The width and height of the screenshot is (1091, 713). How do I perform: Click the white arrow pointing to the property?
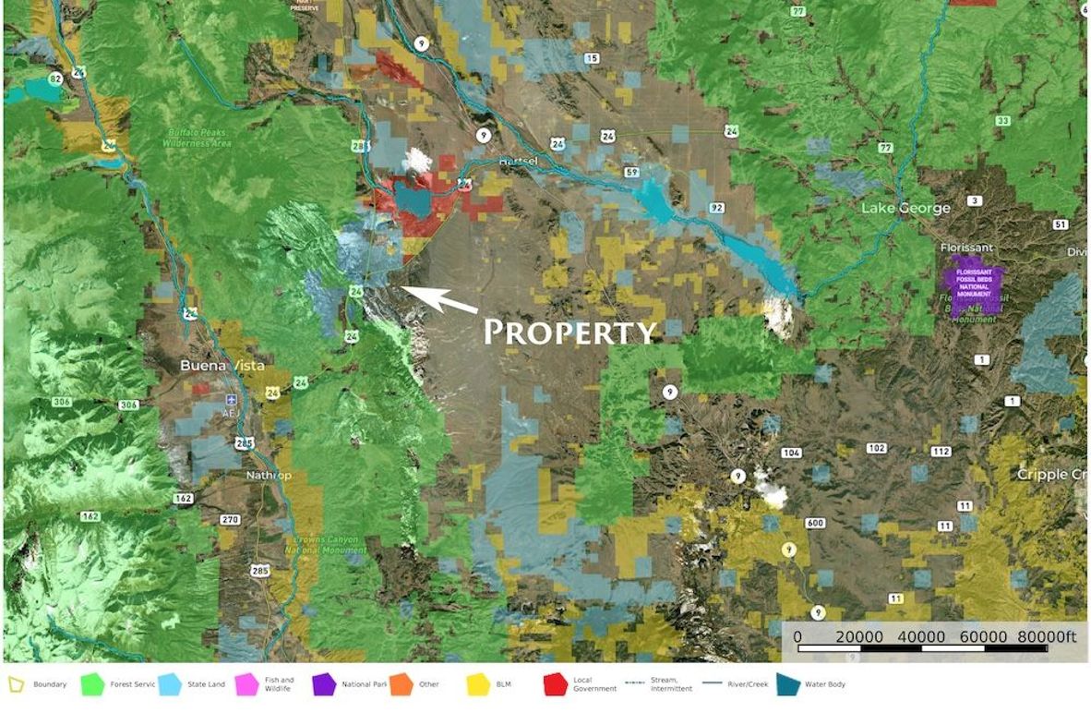(x=440, y=299)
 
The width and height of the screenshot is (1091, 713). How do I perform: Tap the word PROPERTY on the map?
(x=570, y=332)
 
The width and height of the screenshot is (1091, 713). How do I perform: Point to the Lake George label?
(x=905, y=208)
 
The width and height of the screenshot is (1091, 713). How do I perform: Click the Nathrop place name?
(x=269, y=476)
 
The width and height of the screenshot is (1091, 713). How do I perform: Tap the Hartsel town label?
(x=517, y=161)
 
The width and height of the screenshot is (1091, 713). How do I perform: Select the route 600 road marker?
(x=814, y=523)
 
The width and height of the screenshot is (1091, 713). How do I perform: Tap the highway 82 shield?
(x=56, y=78)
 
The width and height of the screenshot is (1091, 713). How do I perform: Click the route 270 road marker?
(x=230, y=519)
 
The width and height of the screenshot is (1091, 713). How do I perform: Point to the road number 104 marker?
(x=791, y=453)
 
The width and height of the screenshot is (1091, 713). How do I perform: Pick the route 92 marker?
(x=716, y=208)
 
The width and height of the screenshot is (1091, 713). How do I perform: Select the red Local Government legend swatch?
(x=555, y=684)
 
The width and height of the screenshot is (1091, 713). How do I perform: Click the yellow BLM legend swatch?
(x=478, y=684)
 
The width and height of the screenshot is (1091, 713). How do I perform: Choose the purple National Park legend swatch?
(x=324, y=684)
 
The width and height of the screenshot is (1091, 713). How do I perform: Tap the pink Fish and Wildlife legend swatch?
(x=247, y=684)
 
